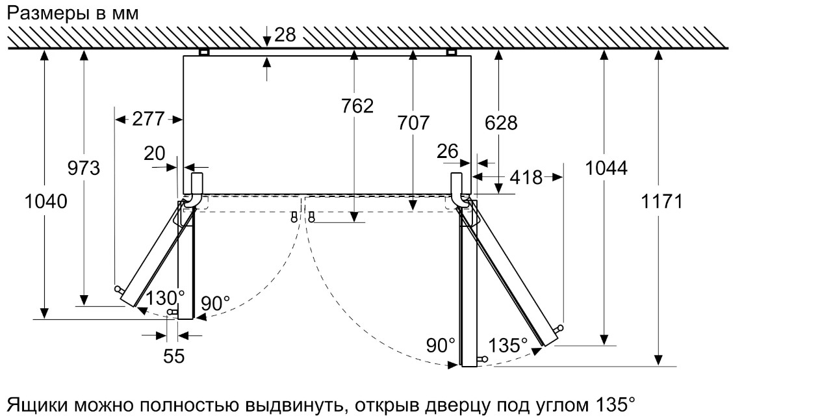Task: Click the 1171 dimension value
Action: [x=662, y=202]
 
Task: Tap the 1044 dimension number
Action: [x=606, y=168]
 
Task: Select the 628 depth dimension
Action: [x=501, y=123]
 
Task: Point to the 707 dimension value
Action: [x=413, y=123]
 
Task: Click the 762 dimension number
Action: [x=357, y=106]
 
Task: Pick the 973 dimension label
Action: [x=83, y=168]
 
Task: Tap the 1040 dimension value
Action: [x=45, y=202]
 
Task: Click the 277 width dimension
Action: [x=148, y=118]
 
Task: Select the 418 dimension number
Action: [x=526, y=177]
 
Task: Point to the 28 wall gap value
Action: [x=285, y=35]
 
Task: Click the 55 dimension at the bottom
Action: [x=174, y=356]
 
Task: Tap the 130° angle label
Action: [x=165, y=298]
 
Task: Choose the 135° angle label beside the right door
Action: [x=508, y=345]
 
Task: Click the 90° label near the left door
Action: [x=216, y=303]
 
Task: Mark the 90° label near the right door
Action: [x=441, y=345]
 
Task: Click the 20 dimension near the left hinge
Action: [x=155, y=153]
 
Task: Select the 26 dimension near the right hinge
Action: [x=447, y=151]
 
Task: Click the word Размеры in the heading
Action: [x=48, y=14]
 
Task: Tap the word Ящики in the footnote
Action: [x=37, y=405]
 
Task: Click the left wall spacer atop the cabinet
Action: [x=204, y=52]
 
